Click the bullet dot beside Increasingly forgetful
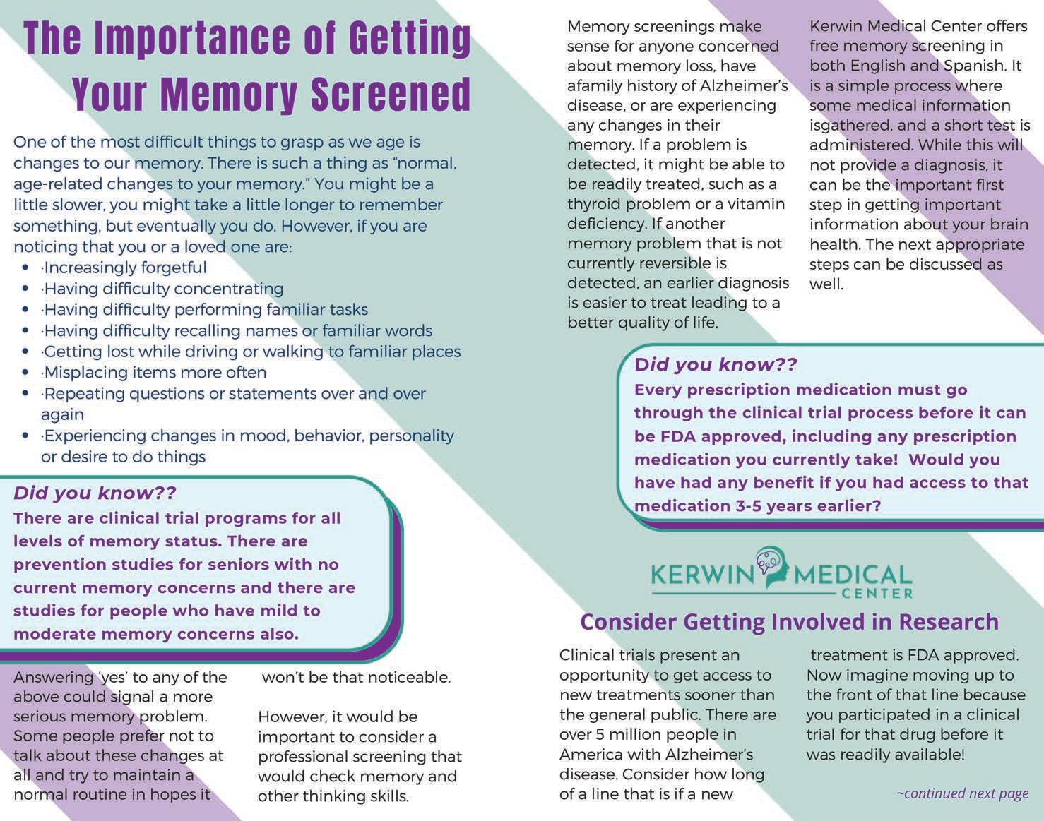(26, 268)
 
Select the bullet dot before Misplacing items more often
(26, 373)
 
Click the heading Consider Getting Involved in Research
(789, 622)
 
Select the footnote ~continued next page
(962, 793)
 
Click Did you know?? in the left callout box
(95, 493)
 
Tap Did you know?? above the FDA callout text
(716, 365)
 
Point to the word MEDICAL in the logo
(853, 573)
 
